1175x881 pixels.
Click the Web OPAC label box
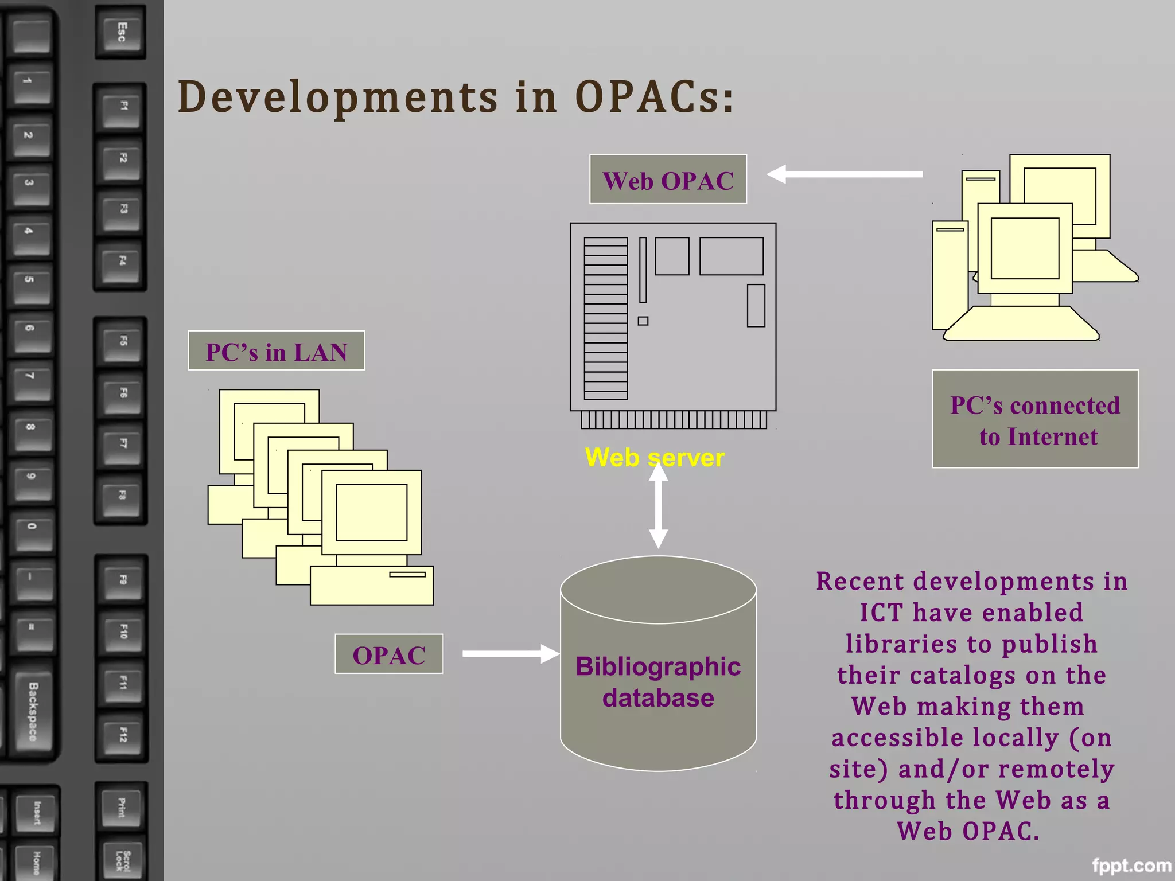(x=668, y=180)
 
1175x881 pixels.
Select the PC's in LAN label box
(x=276, y=351)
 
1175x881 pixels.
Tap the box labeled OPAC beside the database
(x=388, y=654)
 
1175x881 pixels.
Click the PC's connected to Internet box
(x=1034, y=419)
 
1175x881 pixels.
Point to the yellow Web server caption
(x=654, y=458)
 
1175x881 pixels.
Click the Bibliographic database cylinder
(x=658, y=683)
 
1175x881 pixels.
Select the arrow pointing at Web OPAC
(x=845, y=174)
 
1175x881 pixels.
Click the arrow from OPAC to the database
(x=509, y=654)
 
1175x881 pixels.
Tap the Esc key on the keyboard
(x=121, y=32)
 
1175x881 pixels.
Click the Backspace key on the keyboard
(x=33, y=711)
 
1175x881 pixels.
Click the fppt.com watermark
(x=1131, y=866)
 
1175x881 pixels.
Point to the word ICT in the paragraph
(x=882, y=613)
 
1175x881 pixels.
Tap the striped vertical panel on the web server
(x=605, y=318)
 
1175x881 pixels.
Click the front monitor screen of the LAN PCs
(x=371, y=512)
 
